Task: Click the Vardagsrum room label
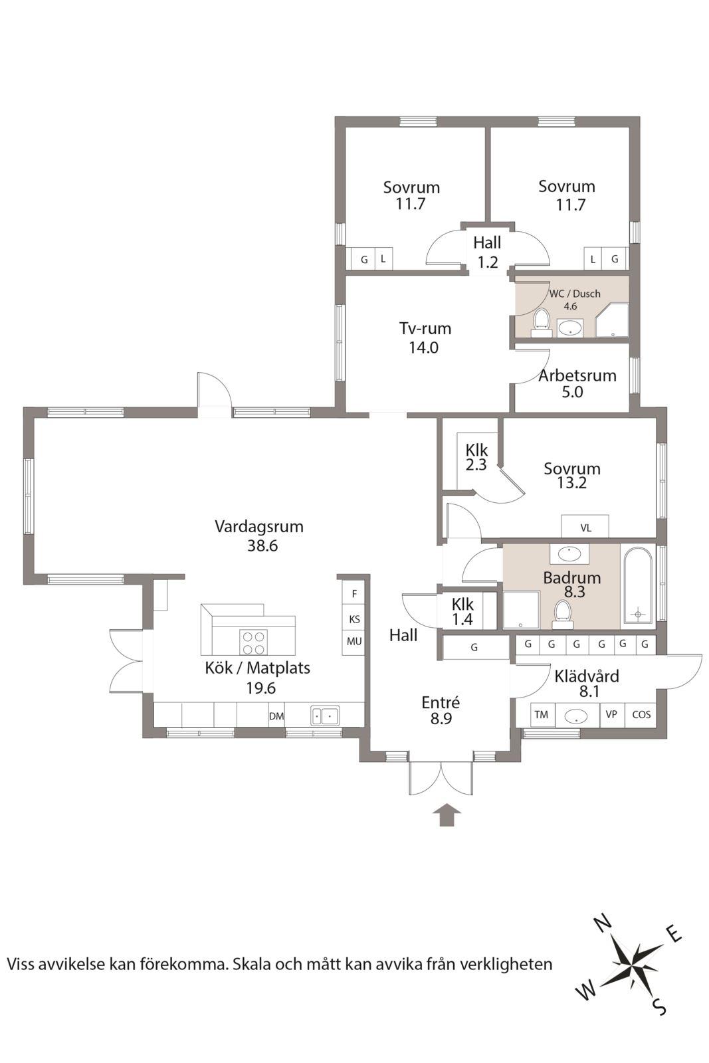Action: tap(258, 527)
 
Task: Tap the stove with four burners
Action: tap(253, 643)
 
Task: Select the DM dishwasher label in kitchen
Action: tap(276, 716)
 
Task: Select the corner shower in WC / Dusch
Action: tap(612, 321)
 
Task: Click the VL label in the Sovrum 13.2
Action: tap(585, 528)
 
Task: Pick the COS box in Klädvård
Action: tap(641, 715)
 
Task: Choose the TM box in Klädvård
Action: tap(542, 715)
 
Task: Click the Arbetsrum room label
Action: tap(577, 375)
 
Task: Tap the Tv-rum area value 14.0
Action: tap(424, 348)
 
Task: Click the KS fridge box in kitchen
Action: tap(354, 619)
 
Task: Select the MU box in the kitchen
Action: tap(354, 642)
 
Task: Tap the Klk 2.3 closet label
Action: tap(476, 457)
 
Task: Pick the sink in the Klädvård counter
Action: tap(576, 716)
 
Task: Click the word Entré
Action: tap(441, 702)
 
